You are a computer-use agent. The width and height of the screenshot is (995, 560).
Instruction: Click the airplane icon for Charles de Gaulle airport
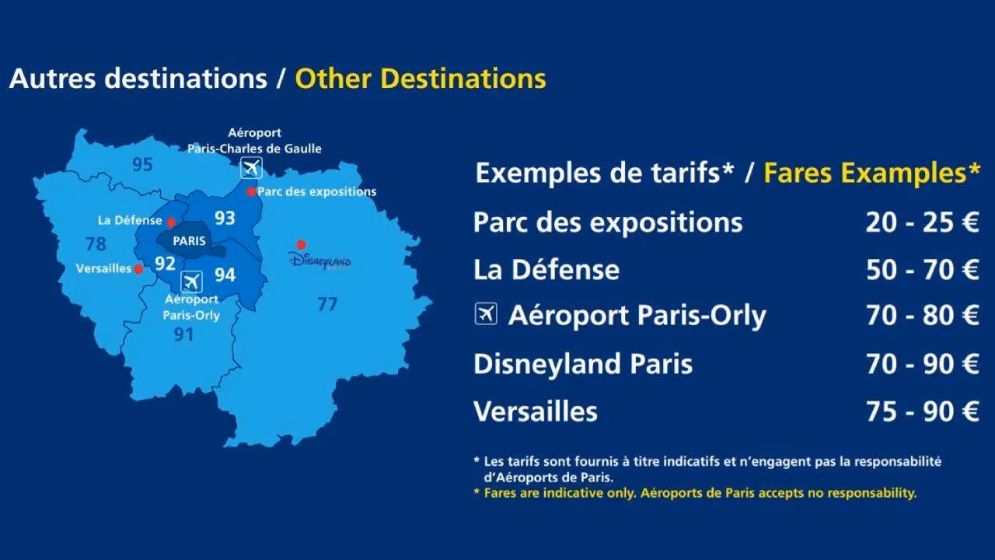pos(251,167)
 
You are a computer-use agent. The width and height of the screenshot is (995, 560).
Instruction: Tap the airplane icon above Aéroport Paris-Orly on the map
pos(191,281)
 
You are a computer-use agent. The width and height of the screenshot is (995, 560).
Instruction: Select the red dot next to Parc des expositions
pos(251,191)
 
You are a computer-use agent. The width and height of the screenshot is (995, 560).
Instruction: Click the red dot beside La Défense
pos(171,222)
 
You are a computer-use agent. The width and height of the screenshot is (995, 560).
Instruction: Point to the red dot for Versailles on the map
pos(138,269)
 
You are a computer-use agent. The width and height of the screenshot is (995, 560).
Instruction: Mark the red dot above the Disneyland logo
pos(301,244)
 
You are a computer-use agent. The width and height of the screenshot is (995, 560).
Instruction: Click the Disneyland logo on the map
pos(319,260)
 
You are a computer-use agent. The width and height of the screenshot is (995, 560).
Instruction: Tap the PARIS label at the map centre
pos(190,241)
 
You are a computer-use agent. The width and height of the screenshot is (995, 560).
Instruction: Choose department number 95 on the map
pos(142,165)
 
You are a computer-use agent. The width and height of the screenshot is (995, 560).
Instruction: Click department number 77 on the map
pos(327,304)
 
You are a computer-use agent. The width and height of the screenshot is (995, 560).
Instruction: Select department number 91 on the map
pos(183,334)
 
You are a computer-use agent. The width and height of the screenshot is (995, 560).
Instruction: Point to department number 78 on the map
pos(96,244)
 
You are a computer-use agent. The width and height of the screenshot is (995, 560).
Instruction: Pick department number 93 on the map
pos(225,218)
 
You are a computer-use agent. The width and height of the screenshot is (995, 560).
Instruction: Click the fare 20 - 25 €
pos(922,223)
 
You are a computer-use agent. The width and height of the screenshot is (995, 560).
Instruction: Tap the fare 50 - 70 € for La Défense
pos(922,270)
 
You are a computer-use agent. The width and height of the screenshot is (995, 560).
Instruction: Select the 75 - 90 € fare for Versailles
pos(922,411)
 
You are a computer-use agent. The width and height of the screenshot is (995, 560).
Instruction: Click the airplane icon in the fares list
pos(486,314)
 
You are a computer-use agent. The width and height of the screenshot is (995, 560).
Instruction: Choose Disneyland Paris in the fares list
pos(583,364)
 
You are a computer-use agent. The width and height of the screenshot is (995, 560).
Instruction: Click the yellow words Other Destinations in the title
pos(420,79)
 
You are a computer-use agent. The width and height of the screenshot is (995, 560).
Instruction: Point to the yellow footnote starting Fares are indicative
pos(700,492)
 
